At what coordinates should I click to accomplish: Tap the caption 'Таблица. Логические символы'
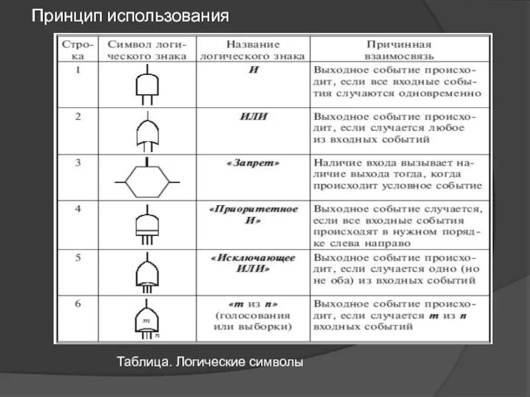pos(210,363)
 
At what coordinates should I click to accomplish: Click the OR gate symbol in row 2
pos(148,132)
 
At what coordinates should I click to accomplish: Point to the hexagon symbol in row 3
pos(148,180)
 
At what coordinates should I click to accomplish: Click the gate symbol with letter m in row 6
pos(148,319)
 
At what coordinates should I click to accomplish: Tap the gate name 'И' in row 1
pos(253,69)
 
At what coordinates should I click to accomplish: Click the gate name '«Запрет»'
pos(253,162)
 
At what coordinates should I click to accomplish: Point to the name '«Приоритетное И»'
pos(253,214)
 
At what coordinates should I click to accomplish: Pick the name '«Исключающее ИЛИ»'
pos(253,263)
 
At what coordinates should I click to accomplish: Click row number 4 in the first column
pos(78,209)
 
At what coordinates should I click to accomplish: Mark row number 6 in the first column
pos(78,304)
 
